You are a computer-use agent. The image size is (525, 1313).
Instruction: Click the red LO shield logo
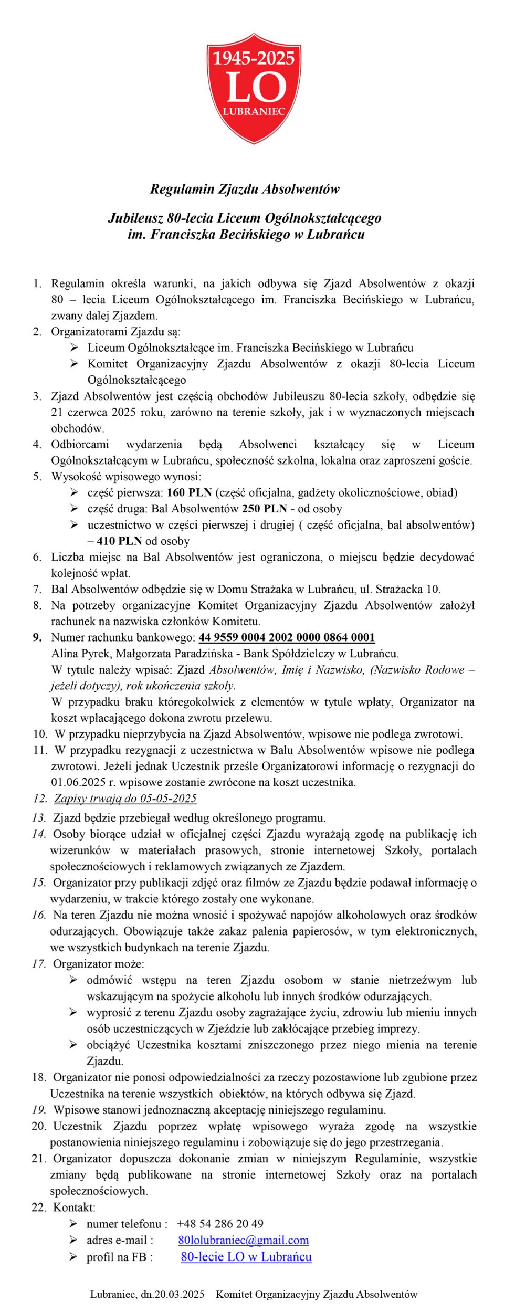point(254,88)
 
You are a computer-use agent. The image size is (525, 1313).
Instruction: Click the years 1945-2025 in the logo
point(254,58)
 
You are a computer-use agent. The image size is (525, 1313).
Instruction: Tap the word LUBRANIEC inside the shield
point(254,111)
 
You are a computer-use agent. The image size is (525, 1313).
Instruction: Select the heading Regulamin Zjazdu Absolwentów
point(245,189)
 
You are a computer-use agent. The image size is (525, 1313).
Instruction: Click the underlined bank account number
point(287,638)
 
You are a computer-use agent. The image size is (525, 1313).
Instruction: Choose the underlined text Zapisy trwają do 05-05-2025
point(125,799)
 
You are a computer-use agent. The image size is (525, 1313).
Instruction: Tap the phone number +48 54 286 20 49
point(220,1224)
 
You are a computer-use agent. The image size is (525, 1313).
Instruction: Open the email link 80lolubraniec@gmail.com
point(244,1240)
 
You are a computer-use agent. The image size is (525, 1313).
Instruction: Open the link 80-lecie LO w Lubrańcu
point(246,1257)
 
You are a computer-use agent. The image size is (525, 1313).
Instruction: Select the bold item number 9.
point(37,638)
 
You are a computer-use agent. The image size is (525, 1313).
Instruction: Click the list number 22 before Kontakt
point(39,1207)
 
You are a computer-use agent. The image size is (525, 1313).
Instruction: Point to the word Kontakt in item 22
point(74,1207)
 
